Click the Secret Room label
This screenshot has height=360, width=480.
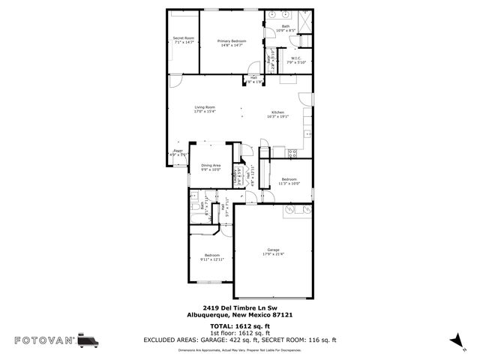[184, 38]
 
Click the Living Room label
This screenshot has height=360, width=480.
[205, 107]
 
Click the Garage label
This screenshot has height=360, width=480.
[273, 250]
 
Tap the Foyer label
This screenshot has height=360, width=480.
[178, 151]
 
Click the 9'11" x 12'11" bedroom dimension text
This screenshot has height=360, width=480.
[212, 260]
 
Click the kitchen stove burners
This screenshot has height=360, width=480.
[292, 153]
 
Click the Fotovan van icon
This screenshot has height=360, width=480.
[88, 340]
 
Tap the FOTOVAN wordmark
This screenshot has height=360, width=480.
[40, 340]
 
